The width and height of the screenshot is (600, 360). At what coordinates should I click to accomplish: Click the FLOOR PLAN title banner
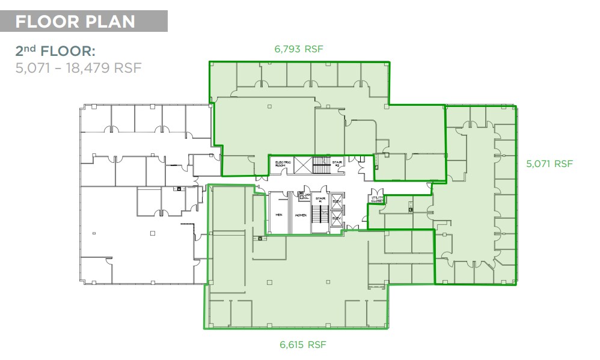pyautogui.click(x=84, y=22)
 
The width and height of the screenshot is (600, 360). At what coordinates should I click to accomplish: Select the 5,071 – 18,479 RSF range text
pyautogui.click(x=78, y=67)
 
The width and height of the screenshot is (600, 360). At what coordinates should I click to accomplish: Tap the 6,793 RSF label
pyautogui.click(x=299, y=49)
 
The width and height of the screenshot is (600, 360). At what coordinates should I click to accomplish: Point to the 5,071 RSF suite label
pyautogui.click(x=549, y=163)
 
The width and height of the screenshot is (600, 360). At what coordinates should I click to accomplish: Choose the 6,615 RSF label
pyautogui.click(x=303, y=344)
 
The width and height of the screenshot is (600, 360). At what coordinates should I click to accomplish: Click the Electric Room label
pyautogui.click(x=283, y=163)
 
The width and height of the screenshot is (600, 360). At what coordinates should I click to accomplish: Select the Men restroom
pyautogui.click(x=278, y=215)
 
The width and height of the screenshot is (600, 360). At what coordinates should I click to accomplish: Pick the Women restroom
pyautogui.click(x=300, y=215)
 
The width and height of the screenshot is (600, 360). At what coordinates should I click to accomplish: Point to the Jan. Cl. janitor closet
pyautogui.click(x=306, y=197)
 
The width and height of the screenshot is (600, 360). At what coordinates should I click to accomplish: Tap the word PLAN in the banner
pyautogui.click(x=112, y=22)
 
